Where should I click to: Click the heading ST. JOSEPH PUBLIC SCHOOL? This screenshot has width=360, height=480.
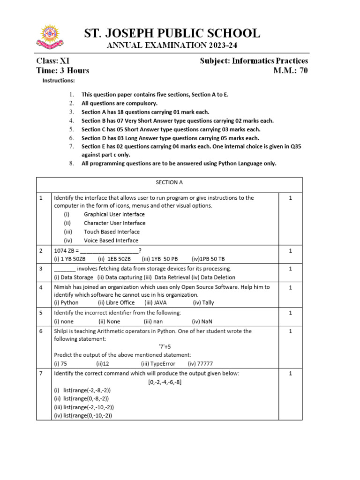172,33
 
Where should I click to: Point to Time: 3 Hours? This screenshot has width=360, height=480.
63,71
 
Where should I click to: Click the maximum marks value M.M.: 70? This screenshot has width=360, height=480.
291,71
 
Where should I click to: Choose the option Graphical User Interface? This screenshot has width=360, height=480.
114,214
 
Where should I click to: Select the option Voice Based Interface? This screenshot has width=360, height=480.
111,240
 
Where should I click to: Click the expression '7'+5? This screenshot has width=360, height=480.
165,347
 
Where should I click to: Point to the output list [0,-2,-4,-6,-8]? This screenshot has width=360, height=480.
165,382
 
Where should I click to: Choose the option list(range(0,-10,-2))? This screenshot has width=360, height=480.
83,415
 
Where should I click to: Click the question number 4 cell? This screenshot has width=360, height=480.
41,287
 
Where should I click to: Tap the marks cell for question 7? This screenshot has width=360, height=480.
290,374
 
